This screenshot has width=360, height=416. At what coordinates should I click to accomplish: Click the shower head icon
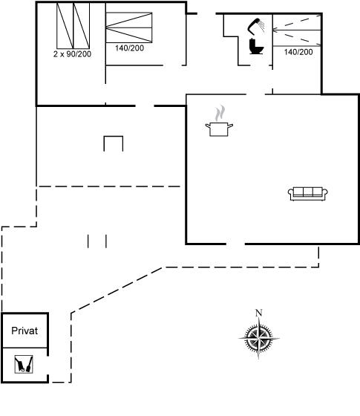[256, 26]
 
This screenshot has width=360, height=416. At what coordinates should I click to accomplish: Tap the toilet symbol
[256, 47]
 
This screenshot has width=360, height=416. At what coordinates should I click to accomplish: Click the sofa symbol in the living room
[308, 194]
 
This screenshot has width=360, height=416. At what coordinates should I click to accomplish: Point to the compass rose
[259, 337]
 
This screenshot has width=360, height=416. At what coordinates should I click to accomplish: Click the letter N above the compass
[259, 313]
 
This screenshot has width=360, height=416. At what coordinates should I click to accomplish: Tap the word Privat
[24, 331]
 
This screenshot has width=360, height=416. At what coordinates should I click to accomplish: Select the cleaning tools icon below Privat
[24, 364]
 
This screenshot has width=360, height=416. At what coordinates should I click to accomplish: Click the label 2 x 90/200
[72, 54]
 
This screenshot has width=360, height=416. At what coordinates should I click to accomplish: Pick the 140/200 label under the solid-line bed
[129, 48]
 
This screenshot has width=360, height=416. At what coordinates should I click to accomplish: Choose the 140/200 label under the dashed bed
[298, 52]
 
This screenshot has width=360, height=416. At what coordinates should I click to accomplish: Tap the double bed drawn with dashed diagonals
[297, 30]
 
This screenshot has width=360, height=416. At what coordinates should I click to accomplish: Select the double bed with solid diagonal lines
[129, 27]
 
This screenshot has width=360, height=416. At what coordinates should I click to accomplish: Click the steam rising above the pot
[220, 113]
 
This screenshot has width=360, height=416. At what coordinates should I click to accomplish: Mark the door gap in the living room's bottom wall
[235, 244]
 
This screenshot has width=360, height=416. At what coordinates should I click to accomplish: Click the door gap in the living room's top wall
[255, 94]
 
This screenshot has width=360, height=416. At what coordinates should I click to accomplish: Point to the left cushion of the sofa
[298, 192]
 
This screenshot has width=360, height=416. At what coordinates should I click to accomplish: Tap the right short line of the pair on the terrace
[106, 241]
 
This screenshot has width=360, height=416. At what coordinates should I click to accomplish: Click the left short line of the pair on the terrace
[88, 241]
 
